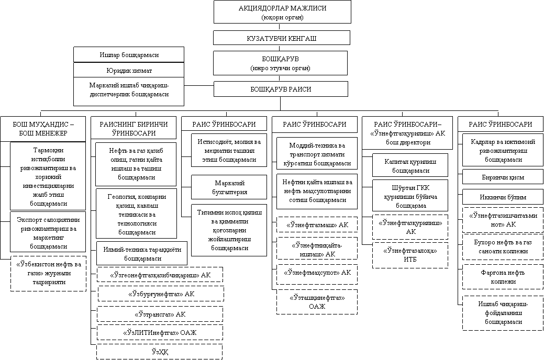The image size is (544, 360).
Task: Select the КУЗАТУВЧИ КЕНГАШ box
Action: [x=282, y=38]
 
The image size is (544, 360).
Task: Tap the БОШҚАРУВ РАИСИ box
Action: [x=281, y=89]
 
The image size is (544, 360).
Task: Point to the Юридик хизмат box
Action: [x=129, y=70]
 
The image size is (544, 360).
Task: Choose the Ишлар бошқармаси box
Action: [x=129, y=54]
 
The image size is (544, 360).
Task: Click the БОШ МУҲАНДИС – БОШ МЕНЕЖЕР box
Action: [x=43, y=129]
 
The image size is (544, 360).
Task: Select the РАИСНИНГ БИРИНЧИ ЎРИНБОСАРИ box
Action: [x=133, y=129]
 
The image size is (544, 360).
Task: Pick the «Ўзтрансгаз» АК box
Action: [x=157, y=314]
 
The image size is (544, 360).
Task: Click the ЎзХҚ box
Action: [x=157, y=351]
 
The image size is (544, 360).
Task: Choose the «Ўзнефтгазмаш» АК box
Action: [x=317, y=225]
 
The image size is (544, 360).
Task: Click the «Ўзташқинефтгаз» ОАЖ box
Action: [x=317, y=302]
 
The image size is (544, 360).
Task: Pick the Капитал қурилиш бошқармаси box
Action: [x=403, y=166]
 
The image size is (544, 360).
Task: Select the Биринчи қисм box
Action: [x=495, y=177]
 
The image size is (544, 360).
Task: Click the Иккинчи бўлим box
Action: [x=495, y=197]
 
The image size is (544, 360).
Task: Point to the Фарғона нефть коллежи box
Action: [x=495, y=277]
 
